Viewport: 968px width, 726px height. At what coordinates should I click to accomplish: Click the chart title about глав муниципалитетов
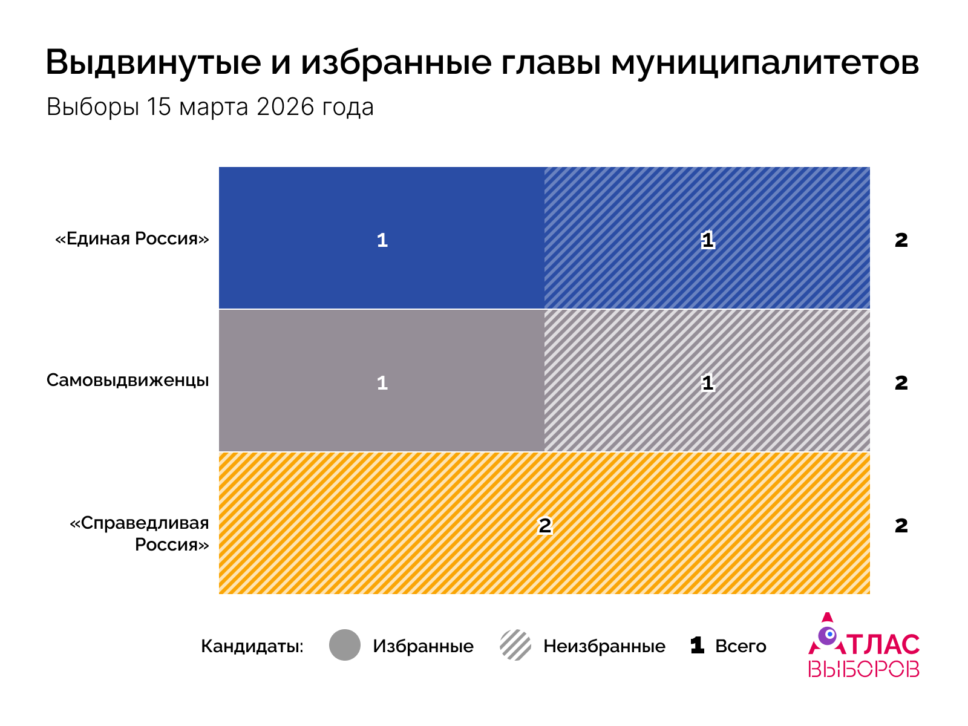482,62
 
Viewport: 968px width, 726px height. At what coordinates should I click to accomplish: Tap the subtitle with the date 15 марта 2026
210,107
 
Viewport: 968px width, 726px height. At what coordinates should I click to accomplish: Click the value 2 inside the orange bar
544,525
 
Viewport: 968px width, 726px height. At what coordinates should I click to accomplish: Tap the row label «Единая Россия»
132,238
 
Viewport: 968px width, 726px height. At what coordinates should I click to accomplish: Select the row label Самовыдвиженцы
128,381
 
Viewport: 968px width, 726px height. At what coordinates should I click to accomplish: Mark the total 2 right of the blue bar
901,240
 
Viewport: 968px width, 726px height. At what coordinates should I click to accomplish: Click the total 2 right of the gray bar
901,382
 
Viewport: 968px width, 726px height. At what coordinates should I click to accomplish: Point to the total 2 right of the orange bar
901,525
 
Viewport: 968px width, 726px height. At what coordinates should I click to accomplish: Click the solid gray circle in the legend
345,645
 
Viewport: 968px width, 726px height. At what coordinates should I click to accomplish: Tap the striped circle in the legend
515,645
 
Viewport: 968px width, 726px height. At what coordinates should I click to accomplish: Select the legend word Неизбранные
604,646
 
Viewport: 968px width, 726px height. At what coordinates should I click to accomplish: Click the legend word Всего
741,646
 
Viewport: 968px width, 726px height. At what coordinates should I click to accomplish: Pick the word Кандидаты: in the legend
252,646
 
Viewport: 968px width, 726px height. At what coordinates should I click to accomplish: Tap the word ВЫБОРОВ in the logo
863,669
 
